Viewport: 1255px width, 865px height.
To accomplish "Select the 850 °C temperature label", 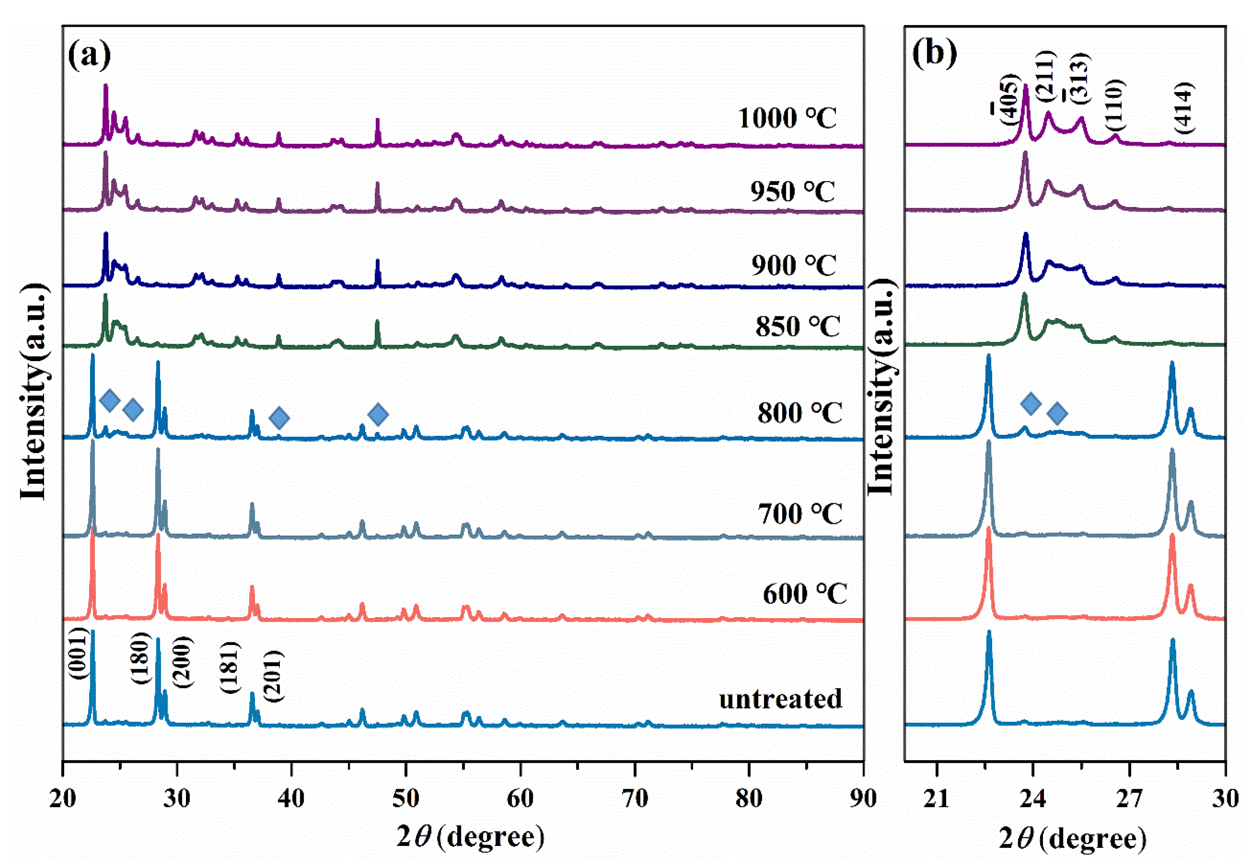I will [x=797, y=326].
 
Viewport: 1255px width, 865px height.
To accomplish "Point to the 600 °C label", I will [x=804, y=594].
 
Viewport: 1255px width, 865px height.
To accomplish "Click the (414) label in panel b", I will [x=1183, y=108].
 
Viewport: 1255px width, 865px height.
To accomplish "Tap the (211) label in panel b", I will [x=1045, y=76].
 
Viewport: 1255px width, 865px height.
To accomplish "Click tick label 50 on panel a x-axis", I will [x=405, y=798].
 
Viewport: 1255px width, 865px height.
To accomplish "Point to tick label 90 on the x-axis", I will [x=862, y=798].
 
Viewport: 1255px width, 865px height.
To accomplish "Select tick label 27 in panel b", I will [x=1129, y=798].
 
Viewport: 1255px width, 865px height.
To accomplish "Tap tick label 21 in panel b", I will [x=936, y=798].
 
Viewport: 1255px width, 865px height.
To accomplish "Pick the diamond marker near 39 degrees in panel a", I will [x=279, y=417].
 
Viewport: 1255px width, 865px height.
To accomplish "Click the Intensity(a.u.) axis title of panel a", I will [x=34, y=390].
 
